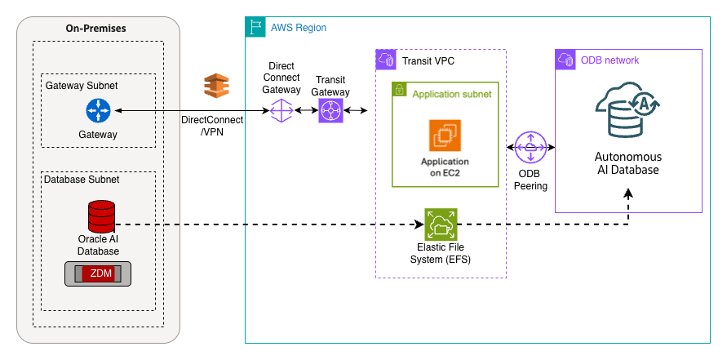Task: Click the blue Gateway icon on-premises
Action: coord(98,111)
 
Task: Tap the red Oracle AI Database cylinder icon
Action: coord(102,216)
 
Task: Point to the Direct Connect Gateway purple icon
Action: coord(281,110)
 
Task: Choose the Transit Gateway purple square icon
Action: coord(330,110)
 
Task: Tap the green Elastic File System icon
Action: coord(441,224)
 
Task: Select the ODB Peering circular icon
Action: coord(531,148)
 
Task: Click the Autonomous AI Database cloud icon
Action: coord(627,113)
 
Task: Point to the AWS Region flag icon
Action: coord(255,27)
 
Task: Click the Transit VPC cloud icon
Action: coord(385,60)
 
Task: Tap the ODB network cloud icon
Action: coord(565,60)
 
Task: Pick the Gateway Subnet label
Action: coord(82,86)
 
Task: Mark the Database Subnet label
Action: coord(82,180)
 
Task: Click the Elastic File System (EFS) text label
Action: coord(441,255)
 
